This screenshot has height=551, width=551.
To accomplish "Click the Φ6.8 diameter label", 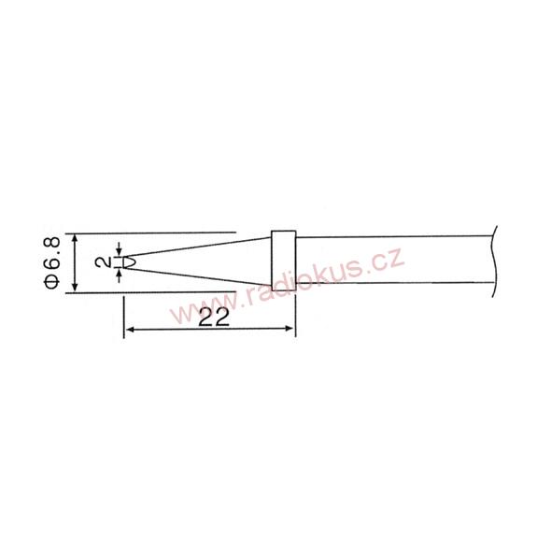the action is tap(52, 262).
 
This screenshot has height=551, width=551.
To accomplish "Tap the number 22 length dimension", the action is tap(214, 317).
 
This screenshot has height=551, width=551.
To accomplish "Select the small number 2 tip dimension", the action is tap(104, 262).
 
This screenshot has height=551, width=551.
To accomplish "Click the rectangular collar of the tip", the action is tap(284, 261).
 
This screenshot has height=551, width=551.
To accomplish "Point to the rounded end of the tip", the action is tap(130, 262).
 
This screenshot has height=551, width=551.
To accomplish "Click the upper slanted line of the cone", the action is tap(198, 247).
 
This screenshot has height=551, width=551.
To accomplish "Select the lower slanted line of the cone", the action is tap(198, 277).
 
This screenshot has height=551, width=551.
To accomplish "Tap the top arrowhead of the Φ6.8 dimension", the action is tap(75, 239).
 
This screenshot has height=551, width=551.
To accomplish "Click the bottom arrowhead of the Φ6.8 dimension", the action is tap(75, 286).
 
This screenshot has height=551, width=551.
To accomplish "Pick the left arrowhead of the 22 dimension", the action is tap(131, 330).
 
